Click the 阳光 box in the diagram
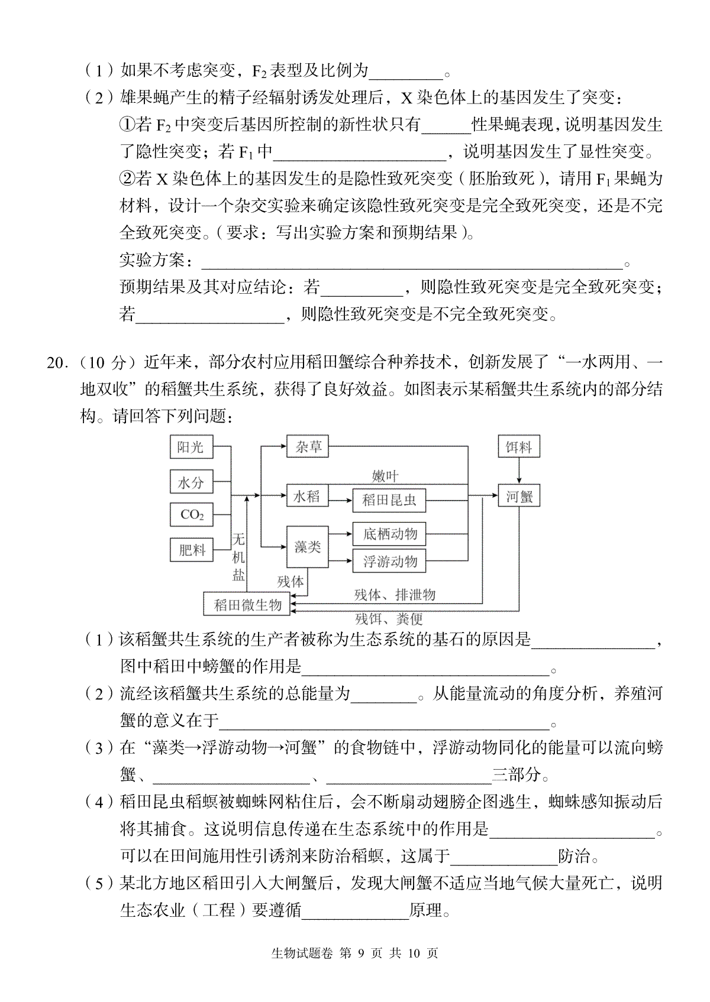tap(191, 446)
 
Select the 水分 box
tap(191, 481)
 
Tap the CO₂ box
tap(191, 514)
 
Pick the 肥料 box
tap(191, 550)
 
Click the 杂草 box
tap(308, 446)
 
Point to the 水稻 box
tap(308, 495)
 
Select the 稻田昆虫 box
tap(389, 500)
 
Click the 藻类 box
tap(308, 547)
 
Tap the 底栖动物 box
tap(389, 534)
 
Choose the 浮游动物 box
tap(389, 561)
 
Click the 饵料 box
tap(519, 446)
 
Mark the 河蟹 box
tap(519, 495)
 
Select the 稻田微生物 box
tap(247, 604)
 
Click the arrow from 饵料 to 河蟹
tap(519, 471)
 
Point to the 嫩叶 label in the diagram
tap(385, 476)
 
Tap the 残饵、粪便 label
tap(389, 619)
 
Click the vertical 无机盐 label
tap(238, 556)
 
